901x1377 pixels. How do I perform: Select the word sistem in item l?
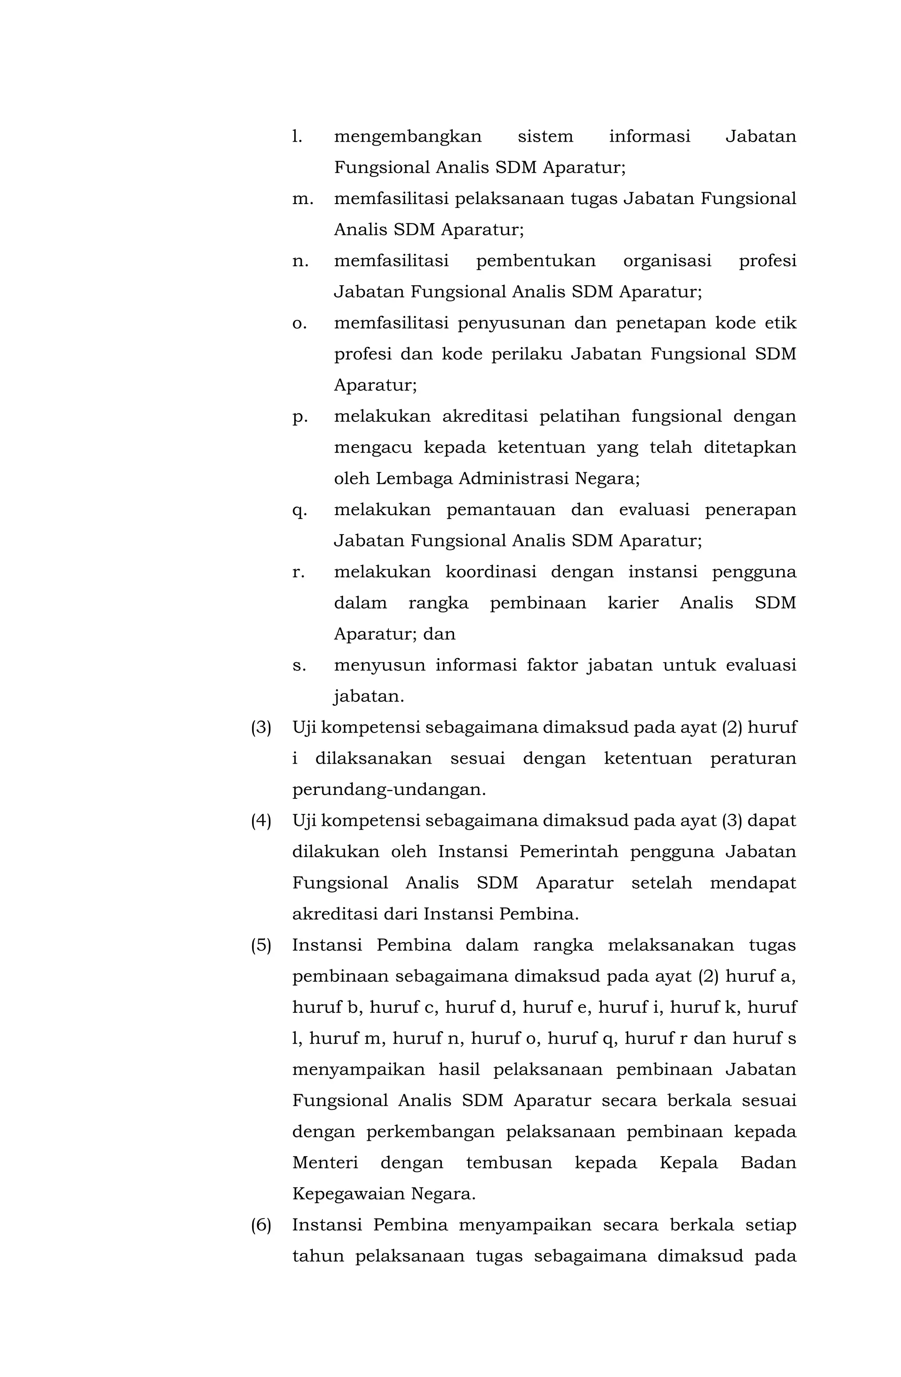click(545, 136)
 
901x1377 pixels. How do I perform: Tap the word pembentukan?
click(535, 261)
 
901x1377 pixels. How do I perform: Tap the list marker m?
click(303, 199)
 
